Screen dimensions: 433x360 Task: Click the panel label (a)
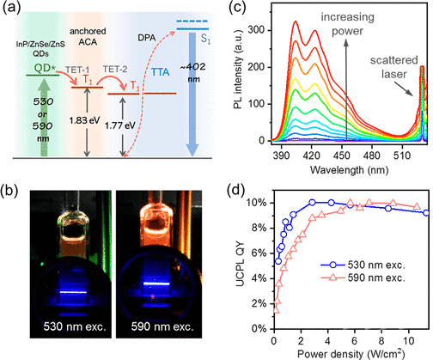click(11, 8)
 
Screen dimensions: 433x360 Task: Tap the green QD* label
click(45, 69)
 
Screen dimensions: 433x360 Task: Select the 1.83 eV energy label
click(84, 120)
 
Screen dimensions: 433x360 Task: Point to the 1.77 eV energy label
click(120, 125)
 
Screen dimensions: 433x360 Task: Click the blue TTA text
click(161, 72)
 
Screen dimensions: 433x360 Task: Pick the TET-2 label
click(115, 70)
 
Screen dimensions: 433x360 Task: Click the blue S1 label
click(205, 39)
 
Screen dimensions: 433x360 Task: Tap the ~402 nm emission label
click(193, 72)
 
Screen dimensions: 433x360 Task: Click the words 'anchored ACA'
click(88, 36)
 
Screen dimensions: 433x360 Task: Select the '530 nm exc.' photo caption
click(75, 326)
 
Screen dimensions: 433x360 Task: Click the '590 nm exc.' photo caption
click(162, 326)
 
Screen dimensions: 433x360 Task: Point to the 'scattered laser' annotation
click(393, 67)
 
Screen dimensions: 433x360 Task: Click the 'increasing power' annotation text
click(347, 24)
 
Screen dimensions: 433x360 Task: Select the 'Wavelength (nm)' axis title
click(349, 170)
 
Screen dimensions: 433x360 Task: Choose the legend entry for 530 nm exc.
click(363, 265)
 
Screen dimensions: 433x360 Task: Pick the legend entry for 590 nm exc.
click(363, 278)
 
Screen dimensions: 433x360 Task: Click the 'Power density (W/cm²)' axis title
click(351, 353)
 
